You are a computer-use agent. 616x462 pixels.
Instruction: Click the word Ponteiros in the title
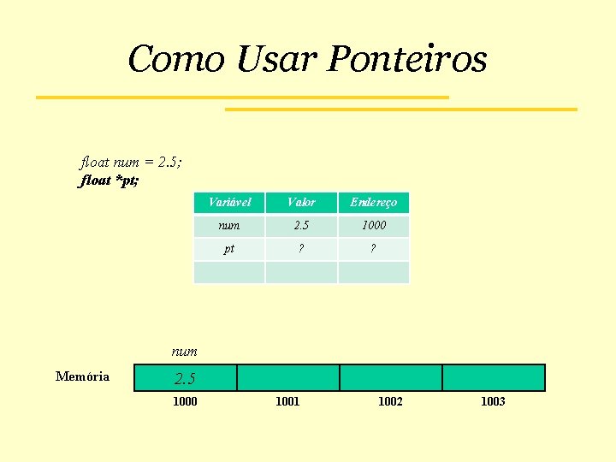407,60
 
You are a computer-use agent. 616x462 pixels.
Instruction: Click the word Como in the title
175,60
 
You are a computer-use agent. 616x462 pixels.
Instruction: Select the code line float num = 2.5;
131,161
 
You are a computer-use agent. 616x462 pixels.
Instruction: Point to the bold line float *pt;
110,181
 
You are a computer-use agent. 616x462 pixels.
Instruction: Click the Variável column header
229,203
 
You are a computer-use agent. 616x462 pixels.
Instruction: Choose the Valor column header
301,203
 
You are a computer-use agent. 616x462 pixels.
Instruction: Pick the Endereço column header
373,203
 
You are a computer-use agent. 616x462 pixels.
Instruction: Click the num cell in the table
229,226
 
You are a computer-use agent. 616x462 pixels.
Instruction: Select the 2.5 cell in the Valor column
301,226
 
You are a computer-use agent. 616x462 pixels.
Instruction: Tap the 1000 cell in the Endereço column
373,226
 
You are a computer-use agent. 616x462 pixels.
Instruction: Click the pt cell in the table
229,249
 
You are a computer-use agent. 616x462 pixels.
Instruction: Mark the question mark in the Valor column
301,249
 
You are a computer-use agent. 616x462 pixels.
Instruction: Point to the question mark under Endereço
373,249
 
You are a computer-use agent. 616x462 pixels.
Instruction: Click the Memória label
82,376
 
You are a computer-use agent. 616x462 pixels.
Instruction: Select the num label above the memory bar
184,351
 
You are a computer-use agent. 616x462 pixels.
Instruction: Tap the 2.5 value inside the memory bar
185,378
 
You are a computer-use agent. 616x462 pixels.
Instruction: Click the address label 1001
287,401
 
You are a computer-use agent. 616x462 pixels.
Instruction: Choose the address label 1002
390,401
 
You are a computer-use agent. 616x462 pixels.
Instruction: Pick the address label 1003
493,401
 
